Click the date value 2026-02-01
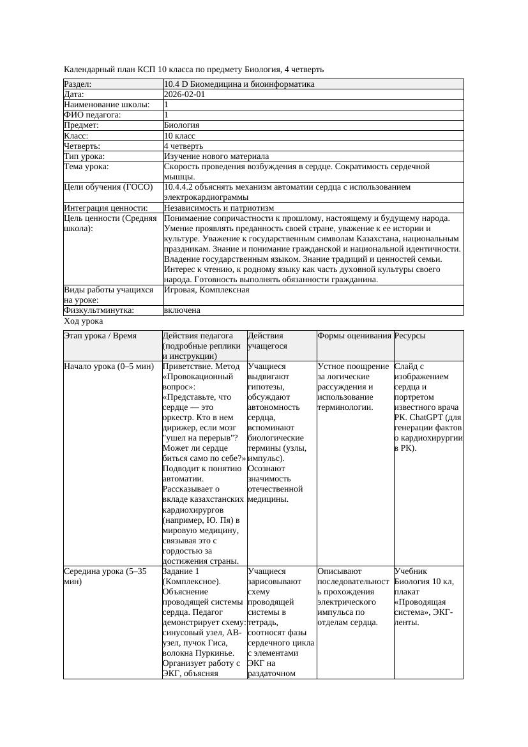tap(185, 94)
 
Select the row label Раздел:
tap(78, 84)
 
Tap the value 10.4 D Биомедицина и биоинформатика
tap(239, 84)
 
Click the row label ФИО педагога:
tap(93, 115)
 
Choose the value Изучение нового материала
tap(216, 156)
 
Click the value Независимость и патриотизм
tap(219, 208)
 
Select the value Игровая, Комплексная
tap(207, 290)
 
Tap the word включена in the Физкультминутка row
tap(182, 310)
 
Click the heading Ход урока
tap(84, 322)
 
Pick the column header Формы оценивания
tap(354, 336)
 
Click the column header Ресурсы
tap(410, 336)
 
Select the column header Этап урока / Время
tap(100, 336)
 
